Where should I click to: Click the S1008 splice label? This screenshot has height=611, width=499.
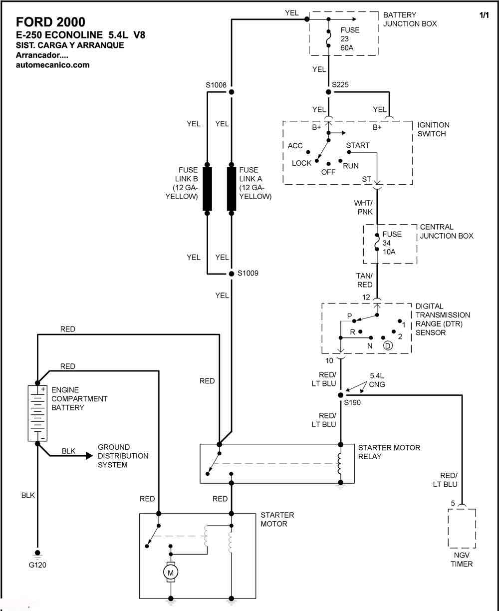(216, 85)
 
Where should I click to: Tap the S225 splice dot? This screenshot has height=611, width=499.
(328, 92)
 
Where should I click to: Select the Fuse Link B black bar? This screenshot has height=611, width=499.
(207, 189)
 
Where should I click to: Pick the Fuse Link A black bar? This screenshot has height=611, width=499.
(232, 189)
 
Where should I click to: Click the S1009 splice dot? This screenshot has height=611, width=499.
(232, 274)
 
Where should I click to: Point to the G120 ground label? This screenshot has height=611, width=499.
(37, 565)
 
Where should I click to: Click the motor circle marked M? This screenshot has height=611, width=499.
(171, 573)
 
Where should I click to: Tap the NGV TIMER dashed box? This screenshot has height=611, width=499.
(462, 529)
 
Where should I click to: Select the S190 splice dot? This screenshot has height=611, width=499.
(341, 395)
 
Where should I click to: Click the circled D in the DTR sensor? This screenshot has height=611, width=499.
(388, 345)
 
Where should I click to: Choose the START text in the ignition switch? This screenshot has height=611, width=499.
(358, 145)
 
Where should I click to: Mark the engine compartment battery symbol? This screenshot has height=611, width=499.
(37, 413)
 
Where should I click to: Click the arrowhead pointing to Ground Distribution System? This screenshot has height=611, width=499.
(89, 456)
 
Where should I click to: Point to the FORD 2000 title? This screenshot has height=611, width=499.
(51, 22)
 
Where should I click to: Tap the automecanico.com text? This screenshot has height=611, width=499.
(53, 65)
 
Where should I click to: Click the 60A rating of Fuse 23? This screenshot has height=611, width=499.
(347, 48)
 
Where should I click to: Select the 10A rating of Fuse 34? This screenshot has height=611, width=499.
(389, 252)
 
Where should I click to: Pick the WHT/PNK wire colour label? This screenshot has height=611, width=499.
(363, 207)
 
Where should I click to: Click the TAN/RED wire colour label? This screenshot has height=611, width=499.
(364, 280)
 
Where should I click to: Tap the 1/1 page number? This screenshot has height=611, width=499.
(484, 15)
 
